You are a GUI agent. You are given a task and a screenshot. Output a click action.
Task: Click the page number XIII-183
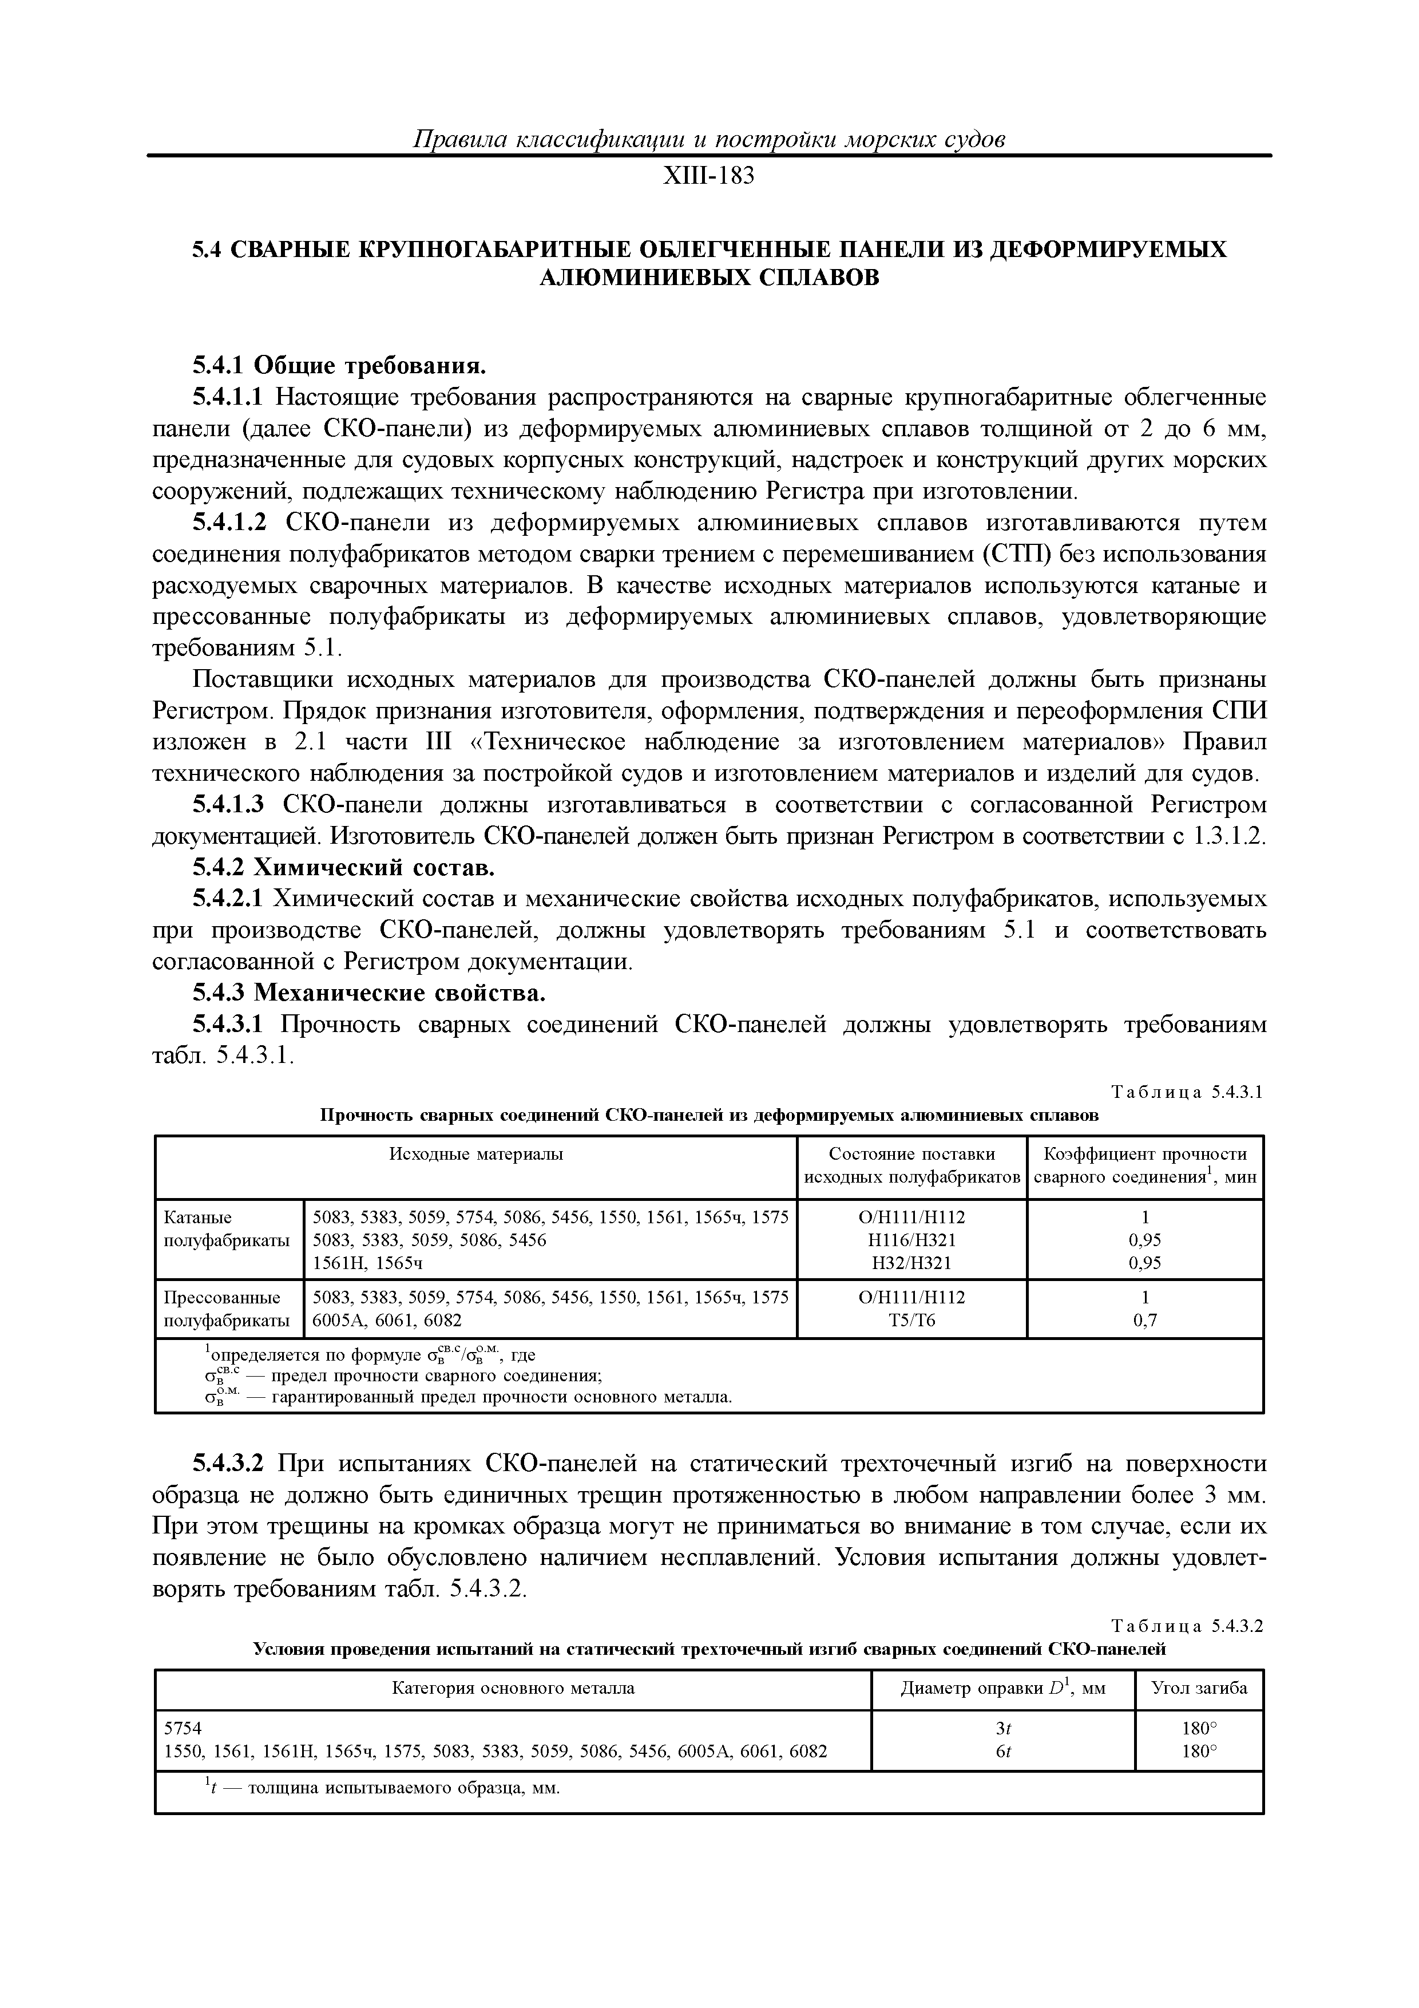point(708,177)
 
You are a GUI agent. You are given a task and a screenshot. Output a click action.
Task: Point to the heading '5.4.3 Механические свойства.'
point(369,994)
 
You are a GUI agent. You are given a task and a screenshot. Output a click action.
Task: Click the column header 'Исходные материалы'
point(475,1155)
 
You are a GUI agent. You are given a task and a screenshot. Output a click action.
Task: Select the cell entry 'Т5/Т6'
point(912,1321)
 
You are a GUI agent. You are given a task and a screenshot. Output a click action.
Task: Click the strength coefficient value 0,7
point(1144,1321)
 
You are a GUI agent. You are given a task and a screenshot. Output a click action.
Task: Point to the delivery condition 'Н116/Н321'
point(912,1240)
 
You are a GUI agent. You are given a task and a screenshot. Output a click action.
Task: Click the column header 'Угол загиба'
point(1199,1688)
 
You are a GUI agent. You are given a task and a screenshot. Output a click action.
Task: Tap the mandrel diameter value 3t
point(1003,1729)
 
